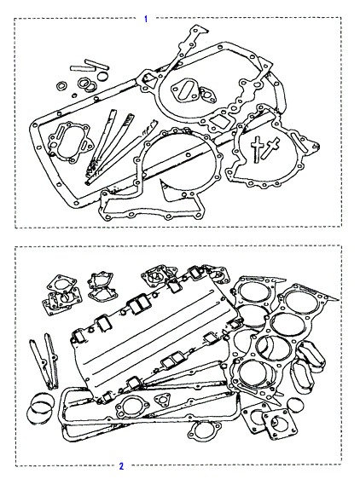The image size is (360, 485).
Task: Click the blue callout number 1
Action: click(x=146, y=19)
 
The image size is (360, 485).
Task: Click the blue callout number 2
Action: click(x=121, y=466)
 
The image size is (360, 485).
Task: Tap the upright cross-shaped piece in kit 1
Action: click(x=257, y=149)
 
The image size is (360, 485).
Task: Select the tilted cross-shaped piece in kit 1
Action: click(x=270, y=148)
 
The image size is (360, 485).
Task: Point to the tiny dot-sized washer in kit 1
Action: click(x=74, y=95)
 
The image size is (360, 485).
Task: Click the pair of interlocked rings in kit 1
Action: click(x=87, y=84)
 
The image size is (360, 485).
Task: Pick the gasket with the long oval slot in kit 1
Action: click(x=185, y=90)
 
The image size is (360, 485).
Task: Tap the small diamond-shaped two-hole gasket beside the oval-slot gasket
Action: click(x=207, y=95)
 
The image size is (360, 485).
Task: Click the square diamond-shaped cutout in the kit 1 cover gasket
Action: click(x=220, y=123)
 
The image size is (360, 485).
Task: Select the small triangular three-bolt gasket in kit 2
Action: click(x=162, y=400)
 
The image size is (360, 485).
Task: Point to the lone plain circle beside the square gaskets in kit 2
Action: click(x=295, y=406)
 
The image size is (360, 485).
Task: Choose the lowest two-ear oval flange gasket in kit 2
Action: click(x=205, y=430)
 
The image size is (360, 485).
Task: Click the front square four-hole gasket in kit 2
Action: click(x=280, y=424)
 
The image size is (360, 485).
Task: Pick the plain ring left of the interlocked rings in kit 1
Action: click(x=62, y=86)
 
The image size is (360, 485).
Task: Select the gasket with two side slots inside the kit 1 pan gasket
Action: click(x=70, y=141)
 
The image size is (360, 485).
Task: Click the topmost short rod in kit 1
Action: click(x=96, y=64)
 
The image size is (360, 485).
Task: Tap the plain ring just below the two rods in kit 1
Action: click(x=102, y=76)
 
